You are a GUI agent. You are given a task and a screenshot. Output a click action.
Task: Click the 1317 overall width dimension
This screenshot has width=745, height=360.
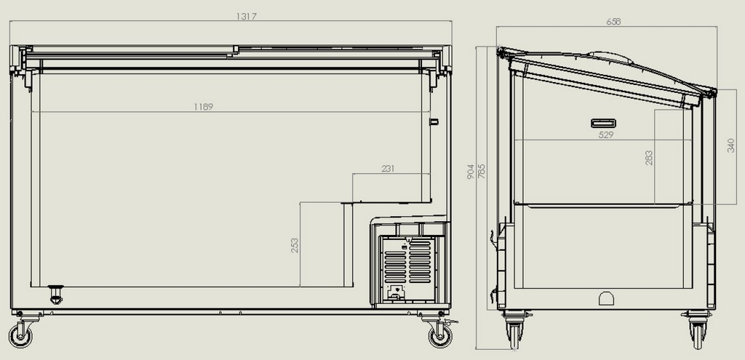(x=246, y=17)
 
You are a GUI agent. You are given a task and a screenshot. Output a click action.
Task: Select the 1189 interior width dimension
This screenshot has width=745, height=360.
(x=204, y=107)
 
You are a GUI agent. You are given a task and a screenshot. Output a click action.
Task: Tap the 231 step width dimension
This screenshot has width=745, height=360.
(x=388, y=169)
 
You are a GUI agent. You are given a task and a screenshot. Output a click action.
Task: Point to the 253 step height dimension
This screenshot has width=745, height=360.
(x=295, y=245)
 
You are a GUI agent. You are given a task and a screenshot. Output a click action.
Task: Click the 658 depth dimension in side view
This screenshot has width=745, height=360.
(x=613, y=21)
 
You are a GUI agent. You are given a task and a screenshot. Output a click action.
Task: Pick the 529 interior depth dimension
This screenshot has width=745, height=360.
(x=606, y=135)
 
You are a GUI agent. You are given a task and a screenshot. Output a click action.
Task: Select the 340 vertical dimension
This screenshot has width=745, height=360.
(x=730, y=145)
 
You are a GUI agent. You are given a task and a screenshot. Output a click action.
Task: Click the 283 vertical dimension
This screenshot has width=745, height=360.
(x=648, y=158)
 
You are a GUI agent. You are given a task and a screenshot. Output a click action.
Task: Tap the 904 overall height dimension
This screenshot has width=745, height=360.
(x=471, y=172)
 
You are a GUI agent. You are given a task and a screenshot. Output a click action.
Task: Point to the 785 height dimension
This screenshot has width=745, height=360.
(x=482, y=172)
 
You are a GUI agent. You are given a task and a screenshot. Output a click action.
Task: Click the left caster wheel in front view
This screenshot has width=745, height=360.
(x=20, y=335)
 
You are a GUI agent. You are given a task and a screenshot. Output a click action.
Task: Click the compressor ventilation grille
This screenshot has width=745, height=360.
(x=407, y=261)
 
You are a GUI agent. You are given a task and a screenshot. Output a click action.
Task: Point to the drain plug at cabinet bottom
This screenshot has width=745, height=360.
(x=56, y=295)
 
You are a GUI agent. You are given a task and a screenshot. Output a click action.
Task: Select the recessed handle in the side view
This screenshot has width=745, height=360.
(x=603, y=124)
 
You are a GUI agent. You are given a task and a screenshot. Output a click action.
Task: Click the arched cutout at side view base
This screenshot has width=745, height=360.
(x=606, y=298)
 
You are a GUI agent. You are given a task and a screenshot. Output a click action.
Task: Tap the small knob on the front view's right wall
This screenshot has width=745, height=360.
(x=434, y=121)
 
